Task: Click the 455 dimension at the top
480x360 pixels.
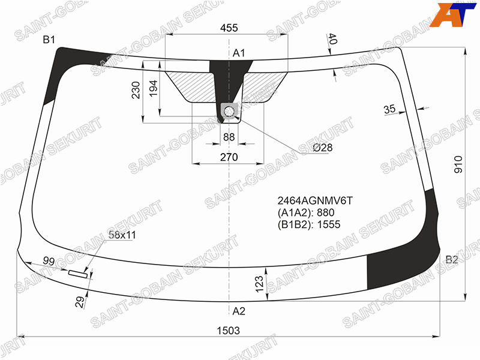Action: click(229, 28)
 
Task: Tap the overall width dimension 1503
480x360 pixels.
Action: click(229, 331)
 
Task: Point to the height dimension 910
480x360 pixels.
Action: click(458, 164)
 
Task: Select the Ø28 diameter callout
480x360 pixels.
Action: click(323, 148)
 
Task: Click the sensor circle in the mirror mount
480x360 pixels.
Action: click(229, 112)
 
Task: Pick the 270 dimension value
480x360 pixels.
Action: click(229, 157)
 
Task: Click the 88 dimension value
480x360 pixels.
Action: click(229, 137)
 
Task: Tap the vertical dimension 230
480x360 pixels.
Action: click(136, 90)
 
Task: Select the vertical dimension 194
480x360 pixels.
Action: click(153, 88)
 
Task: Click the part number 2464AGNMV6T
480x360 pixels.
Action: click(315, 201)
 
